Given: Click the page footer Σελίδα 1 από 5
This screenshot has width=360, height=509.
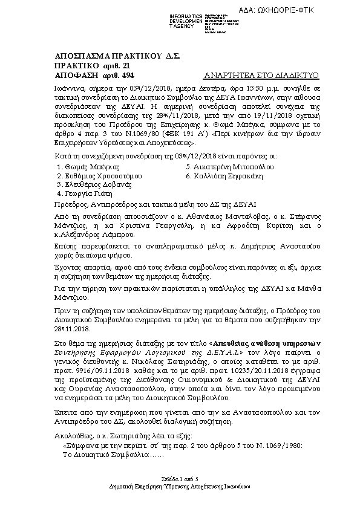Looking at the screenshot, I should coord(179,478).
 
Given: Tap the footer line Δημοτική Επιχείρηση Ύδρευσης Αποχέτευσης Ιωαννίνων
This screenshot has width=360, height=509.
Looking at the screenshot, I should coord(180,486).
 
